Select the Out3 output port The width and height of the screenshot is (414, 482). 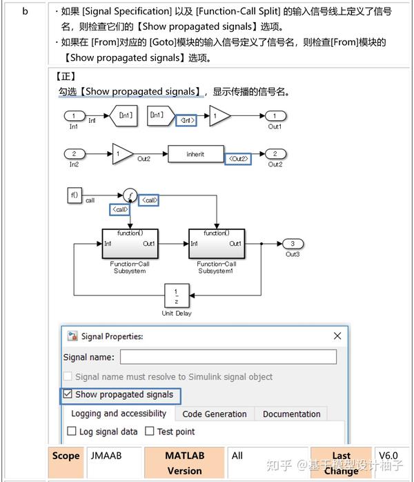pyautogui.click(x=293, y=244)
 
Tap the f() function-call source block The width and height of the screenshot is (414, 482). pyautogui.click(x=75, y=195)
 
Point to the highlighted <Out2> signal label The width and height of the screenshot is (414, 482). pyautogui.click(x=239, y=159)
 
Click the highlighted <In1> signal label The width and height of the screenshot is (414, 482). pyautogui.click(x=186, y=120)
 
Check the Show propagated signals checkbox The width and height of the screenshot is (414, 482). pyautogui.click(x=68, y=395)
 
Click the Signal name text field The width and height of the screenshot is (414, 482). pyautogui.click(x=228, y=357)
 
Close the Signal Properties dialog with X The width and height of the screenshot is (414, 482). pyautogui.click(x=337, y=336)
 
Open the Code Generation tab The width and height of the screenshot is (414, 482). pyautogui.click(x=215, y=414)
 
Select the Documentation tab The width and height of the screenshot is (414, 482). pyautogui.click(x=291, y=414)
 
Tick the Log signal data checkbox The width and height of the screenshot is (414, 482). pyautogui.click(x=72, y=432)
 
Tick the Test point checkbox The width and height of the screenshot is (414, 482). pyautogui.click(x=150, y=432)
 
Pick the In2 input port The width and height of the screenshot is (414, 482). pyautogui.click(x=74, y=153)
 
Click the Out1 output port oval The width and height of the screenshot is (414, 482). pyautogui.click(x=275, y=116)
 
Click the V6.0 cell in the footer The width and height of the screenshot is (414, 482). pyautogui.click(x=388, y=455)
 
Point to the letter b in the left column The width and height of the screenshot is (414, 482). pyautogui.click(x=25, y=12)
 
